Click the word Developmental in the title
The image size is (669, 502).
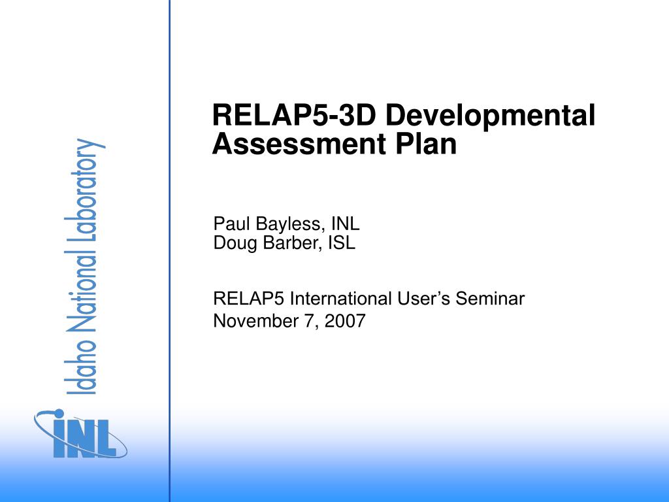pos(490,116)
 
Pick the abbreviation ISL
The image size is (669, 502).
pos(341,243)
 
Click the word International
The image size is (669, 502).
pos(340,298)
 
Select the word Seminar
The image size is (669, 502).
pos(490,298)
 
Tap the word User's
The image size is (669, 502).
pos(423,298)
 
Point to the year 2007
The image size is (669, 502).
pos(345,320)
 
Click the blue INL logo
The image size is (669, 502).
pos(80,434)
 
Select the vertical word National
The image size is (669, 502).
pos(81,290)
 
